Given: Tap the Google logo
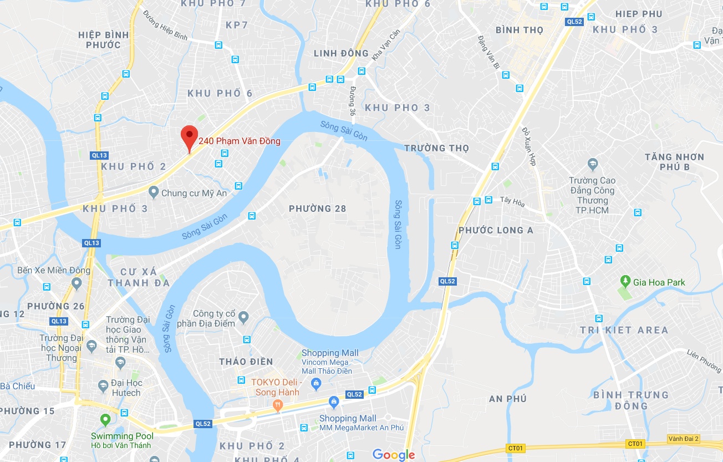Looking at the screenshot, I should [x=394, y=455].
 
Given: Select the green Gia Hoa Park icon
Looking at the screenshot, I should [x=625, y=282].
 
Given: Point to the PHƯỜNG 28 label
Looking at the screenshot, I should [x=317, y=209].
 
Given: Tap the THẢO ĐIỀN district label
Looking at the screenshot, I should [x=246, y=362].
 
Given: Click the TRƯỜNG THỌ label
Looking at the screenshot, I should [x=436, y=148].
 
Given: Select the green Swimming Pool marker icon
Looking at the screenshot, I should [x=105, y=420].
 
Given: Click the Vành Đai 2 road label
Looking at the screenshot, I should [x=684, y=439].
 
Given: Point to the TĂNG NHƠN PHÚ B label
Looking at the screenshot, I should [x=674, y=162].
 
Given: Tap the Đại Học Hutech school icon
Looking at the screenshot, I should [x=103, y=385].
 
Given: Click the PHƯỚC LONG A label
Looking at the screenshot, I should [x=496, y=230].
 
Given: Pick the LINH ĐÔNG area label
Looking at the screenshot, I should [x=341, y=53].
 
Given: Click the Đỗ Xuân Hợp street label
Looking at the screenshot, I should [x=529, y=147].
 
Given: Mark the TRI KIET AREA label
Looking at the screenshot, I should [x=624, y=330].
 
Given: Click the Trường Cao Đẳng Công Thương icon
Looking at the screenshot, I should [x=592, y=164].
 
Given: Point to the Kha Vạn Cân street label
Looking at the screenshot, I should [x=386, y=44].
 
